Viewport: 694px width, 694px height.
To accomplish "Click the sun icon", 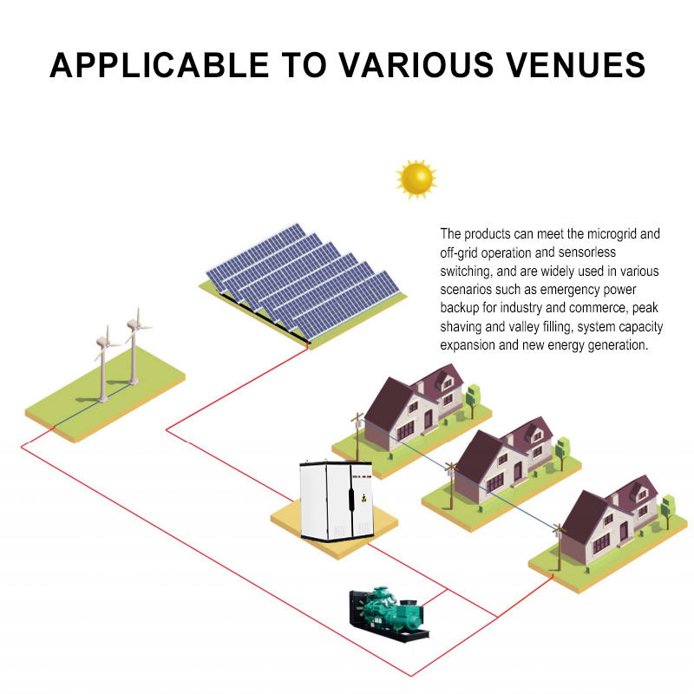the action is pyautogui.click(x=416, y=179).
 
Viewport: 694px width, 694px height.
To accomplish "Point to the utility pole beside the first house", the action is pyautogui.click(x=356, y=439).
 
